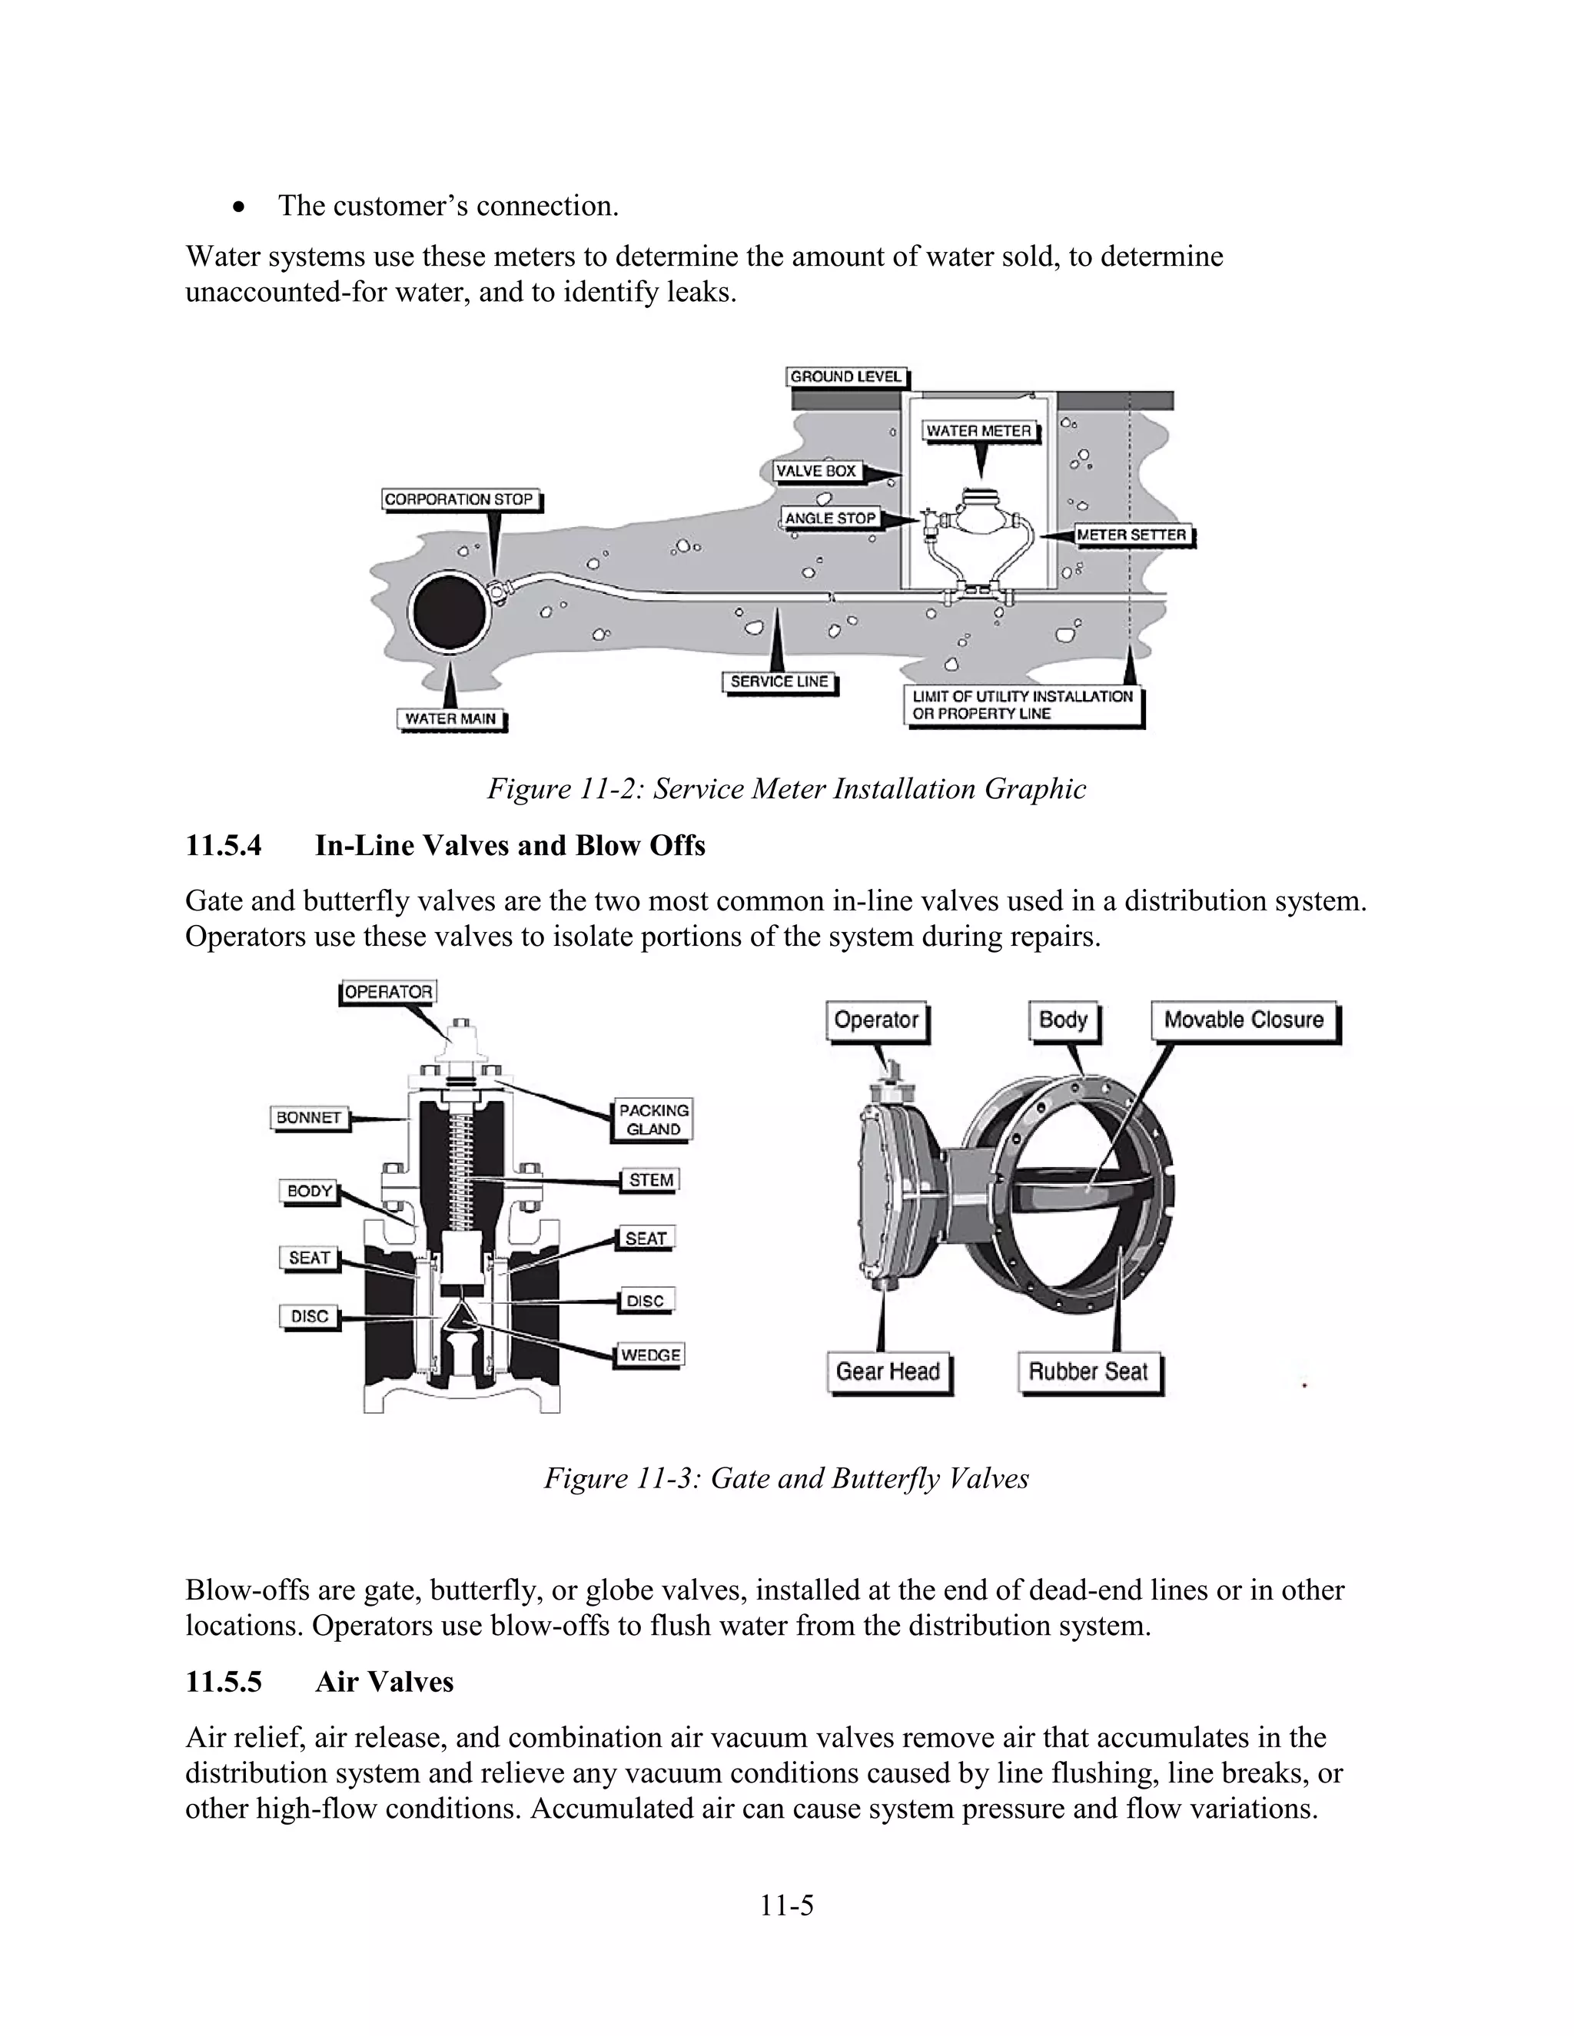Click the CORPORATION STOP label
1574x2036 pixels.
[x=460, y=499]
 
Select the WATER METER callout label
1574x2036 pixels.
[x=978, y=431]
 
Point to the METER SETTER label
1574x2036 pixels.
[x=1131, y=535]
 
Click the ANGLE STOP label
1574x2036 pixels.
[x=829, y=519]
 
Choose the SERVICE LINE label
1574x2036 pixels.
[x=779, y=681]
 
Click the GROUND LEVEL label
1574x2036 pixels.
[x=845, y=376]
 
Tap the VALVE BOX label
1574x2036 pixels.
[x=816, y=472]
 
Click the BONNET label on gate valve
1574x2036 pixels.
[x=309, y=1118]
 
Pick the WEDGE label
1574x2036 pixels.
[x=650, y=1355]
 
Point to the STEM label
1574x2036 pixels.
[x=650, y=1180]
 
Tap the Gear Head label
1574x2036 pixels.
[x=887, y=1371]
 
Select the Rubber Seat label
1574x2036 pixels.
[x=1088, y=1371]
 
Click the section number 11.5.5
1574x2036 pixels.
[x=224, y=1683]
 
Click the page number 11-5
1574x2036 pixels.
[x=786, y=1905]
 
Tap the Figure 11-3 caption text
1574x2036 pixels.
[x=786, y=1478]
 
